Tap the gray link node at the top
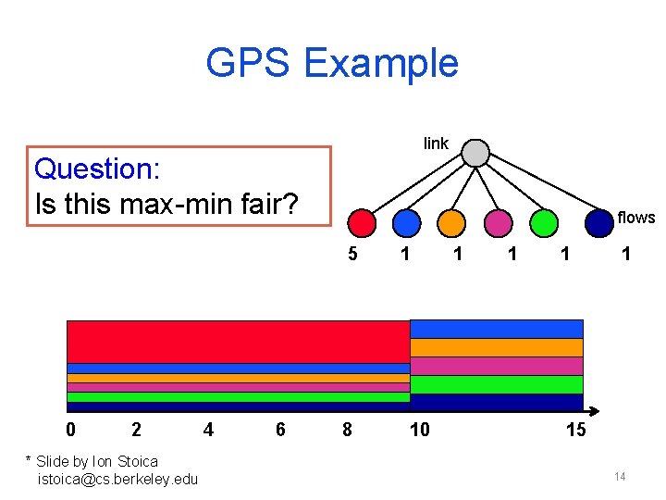475,153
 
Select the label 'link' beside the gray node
436,144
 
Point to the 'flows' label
635,218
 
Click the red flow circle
362,223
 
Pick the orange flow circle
451,223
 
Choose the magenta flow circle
498,223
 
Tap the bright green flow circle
545,223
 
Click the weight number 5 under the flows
352,254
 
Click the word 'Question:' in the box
97,169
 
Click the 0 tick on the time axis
70,430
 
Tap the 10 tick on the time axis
419,430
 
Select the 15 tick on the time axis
575,430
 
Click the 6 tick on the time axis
279,430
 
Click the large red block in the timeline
238,341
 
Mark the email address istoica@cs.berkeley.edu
117,479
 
